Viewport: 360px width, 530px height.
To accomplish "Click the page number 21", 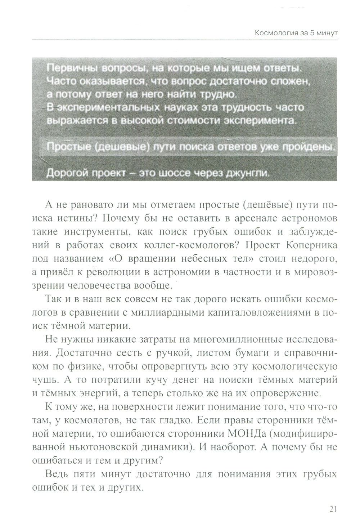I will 332,509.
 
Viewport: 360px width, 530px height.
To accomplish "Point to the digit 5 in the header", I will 311,34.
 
